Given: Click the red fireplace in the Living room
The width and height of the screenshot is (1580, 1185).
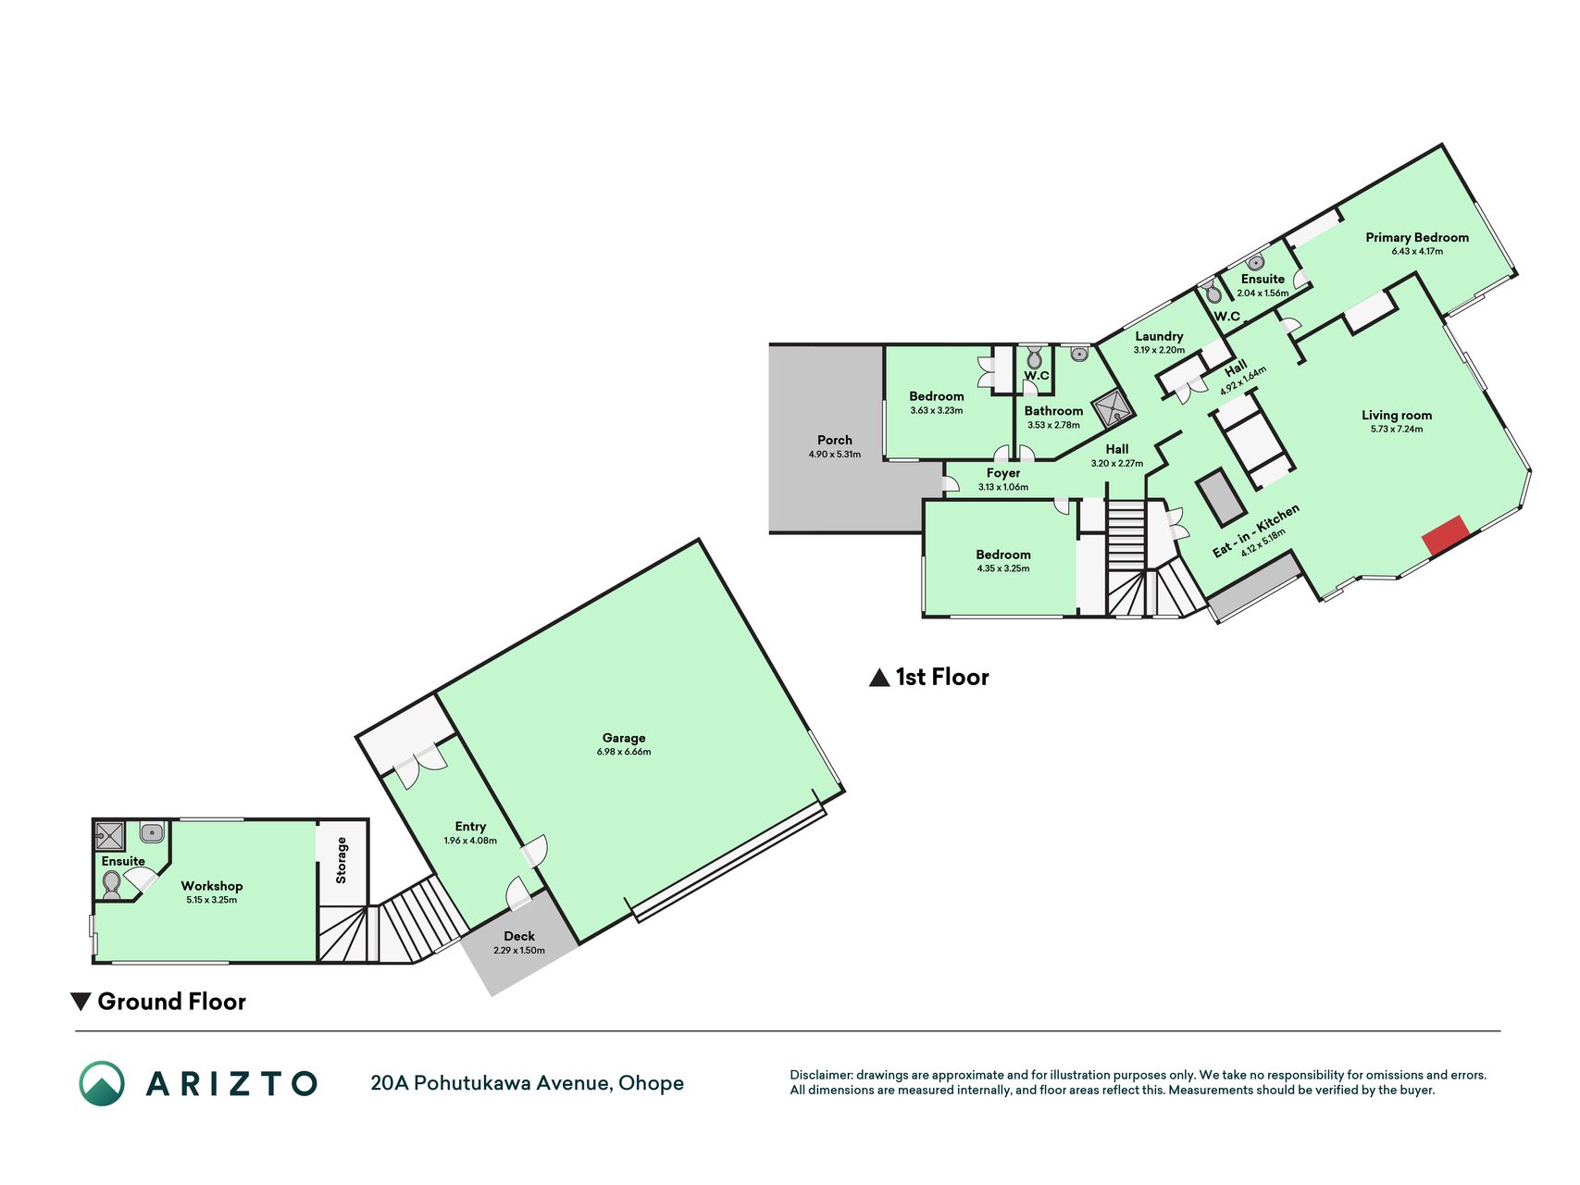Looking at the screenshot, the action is pos(1446,536).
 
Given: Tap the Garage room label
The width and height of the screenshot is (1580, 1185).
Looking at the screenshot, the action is pos(624,738).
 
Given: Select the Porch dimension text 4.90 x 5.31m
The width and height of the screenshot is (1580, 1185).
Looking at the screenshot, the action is pos(835,455).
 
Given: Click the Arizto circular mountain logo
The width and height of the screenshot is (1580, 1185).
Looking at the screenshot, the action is pos(102,1083).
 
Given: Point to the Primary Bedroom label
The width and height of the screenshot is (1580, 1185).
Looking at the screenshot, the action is pos(1417,238).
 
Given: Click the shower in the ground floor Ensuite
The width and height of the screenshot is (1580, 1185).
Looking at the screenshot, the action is pos(110,835).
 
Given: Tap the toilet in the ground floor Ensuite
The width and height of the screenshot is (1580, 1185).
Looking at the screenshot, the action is pos(112,884).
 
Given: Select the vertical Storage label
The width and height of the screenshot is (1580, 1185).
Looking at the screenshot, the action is pos(341,860).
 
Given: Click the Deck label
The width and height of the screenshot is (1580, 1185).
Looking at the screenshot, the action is pos(519,936).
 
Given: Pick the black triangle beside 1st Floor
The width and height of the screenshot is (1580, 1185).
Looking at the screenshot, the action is pos(879,678).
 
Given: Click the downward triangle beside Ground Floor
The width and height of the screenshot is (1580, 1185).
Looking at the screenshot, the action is pos(81,1002).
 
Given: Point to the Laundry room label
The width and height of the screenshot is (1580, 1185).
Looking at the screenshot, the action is pos(1159,336).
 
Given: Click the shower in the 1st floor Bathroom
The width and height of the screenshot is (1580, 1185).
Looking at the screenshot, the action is pos(1112,407).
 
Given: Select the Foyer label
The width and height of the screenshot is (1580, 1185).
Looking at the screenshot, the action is pos(1003,473).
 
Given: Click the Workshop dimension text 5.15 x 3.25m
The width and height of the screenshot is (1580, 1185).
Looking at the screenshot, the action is pos(212,900).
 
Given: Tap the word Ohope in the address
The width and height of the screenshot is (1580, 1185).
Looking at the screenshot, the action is pos(651,1083).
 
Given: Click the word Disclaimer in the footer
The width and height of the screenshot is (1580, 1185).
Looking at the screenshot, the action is pos(820,1075).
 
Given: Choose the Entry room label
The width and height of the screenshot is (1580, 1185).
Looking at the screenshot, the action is pos(470,827).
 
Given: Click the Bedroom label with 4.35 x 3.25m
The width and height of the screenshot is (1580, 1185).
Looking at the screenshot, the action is pos(1003,555).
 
